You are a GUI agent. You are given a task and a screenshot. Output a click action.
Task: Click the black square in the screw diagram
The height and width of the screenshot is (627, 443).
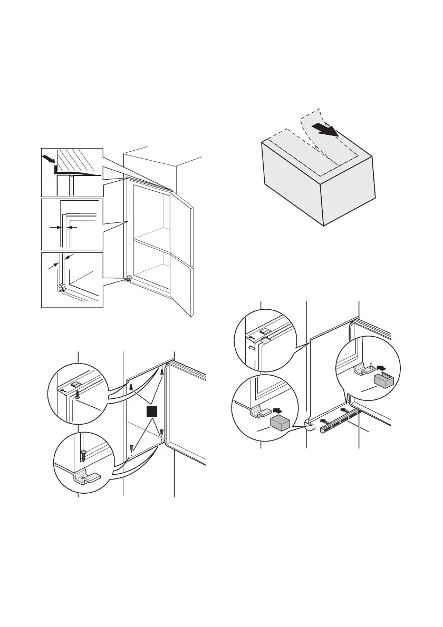[x=152, y=412]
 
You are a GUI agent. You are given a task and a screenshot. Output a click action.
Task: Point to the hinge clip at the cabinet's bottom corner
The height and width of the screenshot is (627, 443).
[x=128, y=278]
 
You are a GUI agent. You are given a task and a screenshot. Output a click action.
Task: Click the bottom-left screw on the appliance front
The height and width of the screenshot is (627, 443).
[x=130, y=447]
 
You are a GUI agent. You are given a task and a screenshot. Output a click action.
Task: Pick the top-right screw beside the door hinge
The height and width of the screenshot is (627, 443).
[x=162, y=373]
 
